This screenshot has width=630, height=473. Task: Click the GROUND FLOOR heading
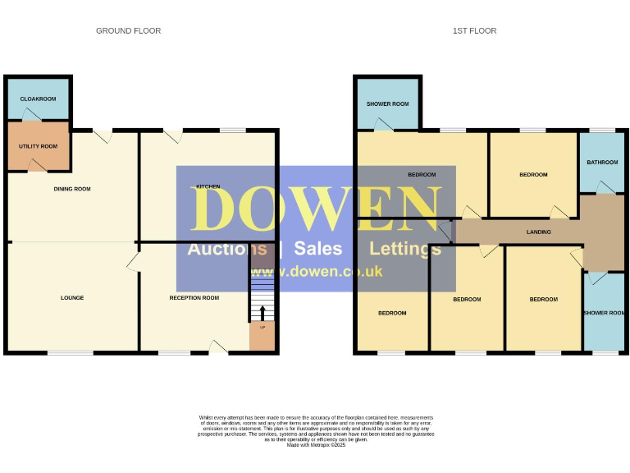pos(128,31)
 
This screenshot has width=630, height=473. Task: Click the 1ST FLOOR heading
pos(474,31)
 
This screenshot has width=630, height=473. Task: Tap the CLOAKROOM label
pos(38,99)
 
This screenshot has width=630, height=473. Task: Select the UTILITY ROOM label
pos(38,146)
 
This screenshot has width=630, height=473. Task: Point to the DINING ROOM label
pos(72,189)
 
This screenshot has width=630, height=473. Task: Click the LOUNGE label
pos(72,297)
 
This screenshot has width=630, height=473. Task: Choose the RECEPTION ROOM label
pos(194,297)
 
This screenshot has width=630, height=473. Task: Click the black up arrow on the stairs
pos(262,312)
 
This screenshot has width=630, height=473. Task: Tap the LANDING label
pos(538,232)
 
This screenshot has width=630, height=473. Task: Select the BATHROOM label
pos(602,163)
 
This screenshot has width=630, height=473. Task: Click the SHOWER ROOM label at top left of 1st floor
pos(387,104)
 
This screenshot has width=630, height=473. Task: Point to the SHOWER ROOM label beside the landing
pos(604,313)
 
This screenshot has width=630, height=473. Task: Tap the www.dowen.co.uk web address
pos(315,272)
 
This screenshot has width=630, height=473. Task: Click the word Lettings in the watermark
pos(405,249)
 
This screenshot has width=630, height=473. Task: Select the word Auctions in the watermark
pos(227,249)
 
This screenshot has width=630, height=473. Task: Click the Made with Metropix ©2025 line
pos(316,445)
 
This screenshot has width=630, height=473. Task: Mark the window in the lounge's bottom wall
pos(70,353)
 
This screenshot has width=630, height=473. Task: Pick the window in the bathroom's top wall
pos(602,131)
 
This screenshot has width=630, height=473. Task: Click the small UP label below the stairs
pos(262,328)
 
